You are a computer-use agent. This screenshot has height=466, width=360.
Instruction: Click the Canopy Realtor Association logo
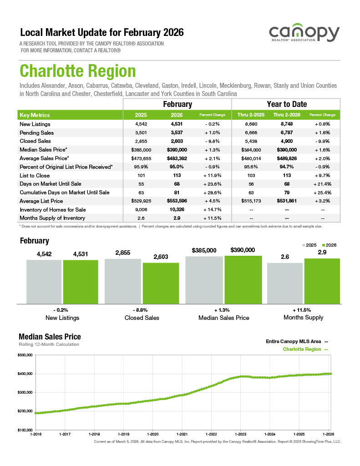coord(304,35)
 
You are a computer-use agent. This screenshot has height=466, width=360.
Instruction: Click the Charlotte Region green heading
coord(77,71)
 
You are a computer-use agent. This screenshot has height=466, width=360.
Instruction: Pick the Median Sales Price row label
coord(44,149)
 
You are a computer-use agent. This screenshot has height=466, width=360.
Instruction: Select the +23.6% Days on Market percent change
coord(213,184)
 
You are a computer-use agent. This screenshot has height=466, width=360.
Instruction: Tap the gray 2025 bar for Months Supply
coord(285,283)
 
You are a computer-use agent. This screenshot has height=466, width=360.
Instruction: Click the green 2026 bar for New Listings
coord(81,281)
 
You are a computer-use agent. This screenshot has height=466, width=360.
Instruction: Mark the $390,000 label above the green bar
coord(243,250)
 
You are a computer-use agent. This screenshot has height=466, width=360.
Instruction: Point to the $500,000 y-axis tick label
coord(25,355)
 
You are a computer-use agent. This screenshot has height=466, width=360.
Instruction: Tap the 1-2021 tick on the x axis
coord(182,434)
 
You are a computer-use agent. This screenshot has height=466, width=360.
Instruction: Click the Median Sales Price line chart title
coord(50,337)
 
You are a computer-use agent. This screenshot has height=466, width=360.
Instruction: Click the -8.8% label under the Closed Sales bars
coord(142,309)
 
